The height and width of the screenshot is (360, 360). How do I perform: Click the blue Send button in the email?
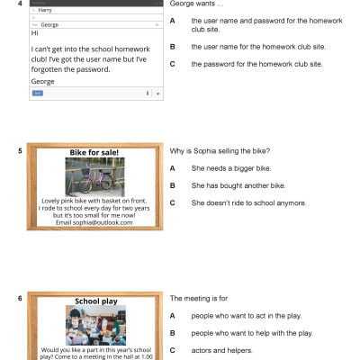click(38, 93)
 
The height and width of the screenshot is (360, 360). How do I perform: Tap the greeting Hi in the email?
click(35, 34)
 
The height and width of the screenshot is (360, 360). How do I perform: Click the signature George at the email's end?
click(42, 81)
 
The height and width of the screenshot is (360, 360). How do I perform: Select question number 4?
click(20, 4)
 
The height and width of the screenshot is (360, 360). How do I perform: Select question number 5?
click(20, 151)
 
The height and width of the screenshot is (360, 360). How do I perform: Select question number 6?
click(20, 298)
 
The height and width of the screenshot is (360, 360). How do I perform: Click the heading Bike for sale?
click(94, 153)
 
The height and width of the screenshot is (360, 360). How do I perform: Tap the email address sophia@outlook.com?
click(94, 222)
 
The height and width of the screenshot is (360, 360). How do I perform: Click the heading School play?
click(94, 300)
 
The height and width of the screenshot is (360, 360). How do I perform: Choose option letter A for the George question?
click(172, 20)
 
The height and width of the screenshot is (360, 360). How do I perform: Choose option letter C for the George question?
click(172, 64)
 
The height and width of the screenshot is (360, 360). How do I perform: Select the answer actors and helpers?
click(221, 350)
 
